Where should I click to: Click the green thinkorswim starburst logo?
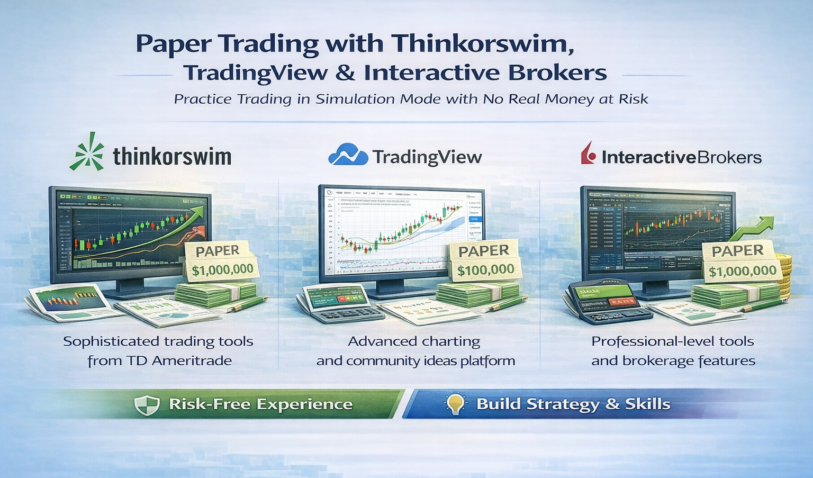[x=87, y=152]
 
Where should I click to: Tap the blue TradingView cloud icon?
[x=348, y=155]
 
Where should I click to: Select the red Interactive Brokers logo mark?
[x=588, y=154]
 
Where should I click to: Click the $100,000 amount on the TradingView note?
[x=485, y=270]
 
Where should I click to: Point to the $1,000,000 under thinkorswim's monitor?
[x=222, y=270]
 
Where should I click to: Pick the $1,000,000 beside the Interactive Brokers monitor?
[x=742, y=272]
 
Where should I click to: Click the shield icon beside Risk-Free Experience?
[x=147, y=405]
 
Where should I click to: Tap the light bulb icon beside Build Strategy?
[x=455, y=404]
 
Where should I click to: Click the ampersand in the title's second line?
[x=345, y=73]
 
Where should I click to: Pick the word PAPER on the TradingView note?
[x=483, y=251]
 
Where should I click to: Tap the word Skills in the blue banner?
[x=647, y=404]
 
